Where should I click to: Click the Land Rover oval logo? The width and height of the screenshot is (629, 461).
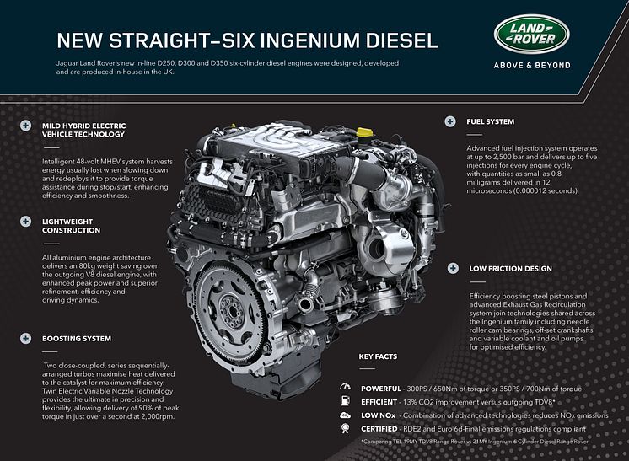532,34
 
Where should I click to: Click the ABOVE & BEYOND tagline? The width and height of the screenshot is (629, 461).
532,66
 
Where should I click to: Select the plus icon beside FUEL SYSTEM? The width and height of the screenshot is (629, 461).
450,121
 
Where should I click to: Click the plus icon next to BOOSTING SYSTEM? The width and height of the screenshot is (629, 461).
25,338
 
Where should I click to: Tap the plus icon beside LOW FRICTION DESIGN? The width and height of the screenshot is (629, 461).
453,268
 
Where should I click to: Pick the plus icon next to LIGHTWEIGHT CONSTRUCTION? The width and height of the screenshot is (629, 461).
25,222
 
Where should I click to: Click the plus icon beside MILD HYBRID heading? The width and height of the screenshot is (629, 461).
25,126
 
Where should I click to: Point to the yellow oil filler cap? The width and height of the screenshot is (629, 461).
364,132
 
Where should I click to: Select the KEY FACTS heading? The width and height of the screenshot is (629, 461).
378,356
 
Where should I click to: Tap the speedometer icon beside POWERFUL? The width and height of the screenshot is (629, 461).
345,387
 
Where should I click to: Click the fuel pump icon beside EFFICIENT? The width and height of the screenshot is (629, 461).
345,400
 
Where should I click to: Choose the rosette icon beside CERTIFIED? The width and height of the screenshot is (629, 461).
345,428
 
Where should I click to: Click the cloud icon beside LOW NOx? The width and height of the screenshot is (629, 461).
345,415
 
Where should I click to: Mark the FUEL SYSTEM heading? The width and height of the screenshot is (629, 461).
490,121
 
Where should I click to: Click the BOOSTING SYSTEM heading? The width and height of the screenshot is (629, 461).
77,338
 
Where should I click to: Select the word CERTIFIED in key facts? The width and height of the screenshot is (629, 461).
379,429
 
